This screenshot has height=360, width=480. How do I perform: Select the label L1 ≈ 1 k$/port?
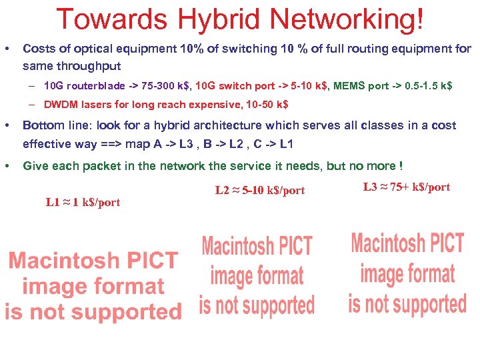click(83, 202)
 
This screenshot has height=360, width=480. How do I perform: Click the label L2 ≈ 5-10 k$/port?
click(260, 191)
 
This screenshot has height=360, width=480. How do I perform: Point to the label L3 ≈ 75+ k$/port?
click(407, 187)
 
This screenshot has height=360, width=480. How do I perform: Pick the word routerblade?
click(97, 86)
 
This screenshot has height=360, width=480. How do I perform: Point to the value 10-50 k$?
click(266, 105)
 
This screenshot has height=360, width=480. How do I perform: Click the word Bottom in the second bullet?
click(41, 125)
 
